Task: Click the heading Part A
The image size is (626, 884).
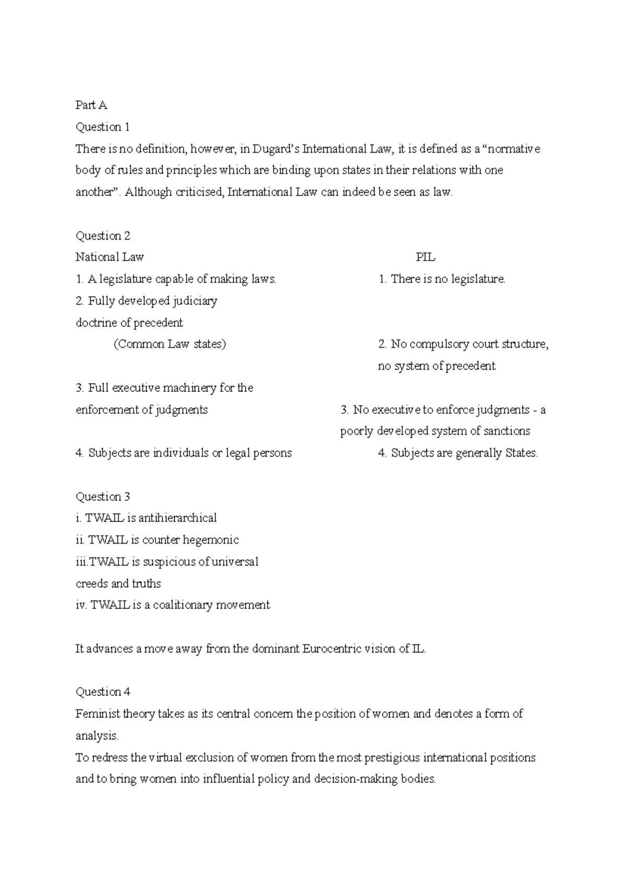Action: [91, 105]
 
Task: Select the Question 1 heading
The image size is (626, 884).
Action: [102, 127]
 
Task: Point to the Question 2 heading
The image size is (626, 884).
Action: [103, 236]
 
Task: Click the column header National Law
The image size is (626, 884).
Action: [110, 257]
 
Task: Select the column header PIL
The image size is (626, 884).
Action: [425, 257]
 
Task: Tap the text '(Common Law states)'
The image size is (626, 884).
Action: [170, 345]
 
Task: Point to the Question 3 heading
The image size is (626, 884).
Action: [103, 497]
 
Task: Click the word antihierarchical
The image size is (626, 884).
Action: [177, 518]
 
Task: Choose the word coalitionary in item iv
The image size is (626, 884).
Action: [183, 605]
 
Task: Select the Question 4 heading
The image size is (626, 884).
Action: [103, 692]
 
